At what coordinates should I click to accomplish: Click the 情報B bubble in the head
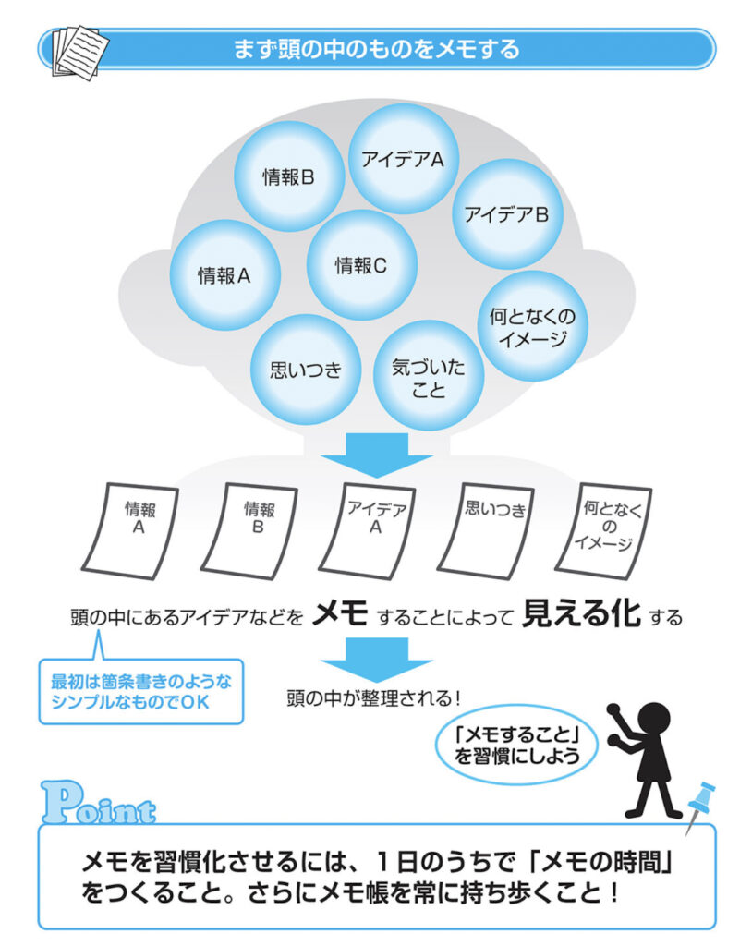(x=289, y=176)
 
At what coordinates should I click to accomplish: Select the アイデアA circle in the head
(x=404, y=159)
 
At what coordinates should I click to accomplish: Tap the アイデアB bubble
(x=506, y=214)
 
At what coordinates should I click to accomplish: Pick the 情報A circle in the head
(x=224, y=274)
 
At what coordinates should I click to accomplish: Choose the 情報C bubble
(x=361, y=265)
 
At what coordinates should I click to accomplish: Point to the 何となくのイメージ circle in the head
(x=532, y=326)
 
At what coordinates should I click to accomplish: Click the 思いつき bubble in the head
(x=305, y=370)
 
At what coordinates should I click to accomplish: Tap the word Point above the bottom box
(x=99, y=804)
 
